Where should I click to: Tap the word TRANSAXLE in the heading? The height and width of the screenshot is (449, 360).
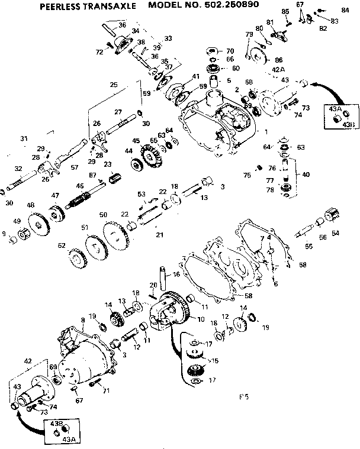[112, 7]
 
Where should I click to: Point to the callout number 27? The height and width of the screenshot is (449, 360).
[118, 112]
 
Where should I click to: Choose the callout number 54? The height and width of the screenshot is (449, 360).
[335, 233]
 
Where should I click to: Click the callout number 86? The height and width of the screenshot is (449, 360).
[278, 60]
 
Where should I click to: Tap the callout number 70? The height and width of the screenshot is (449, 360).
[230, 50]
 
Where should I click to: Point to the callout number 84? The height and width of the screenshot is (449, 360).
[345, 10]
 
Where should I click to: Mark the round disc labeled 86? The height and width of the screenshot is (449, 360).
[258, 57]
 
